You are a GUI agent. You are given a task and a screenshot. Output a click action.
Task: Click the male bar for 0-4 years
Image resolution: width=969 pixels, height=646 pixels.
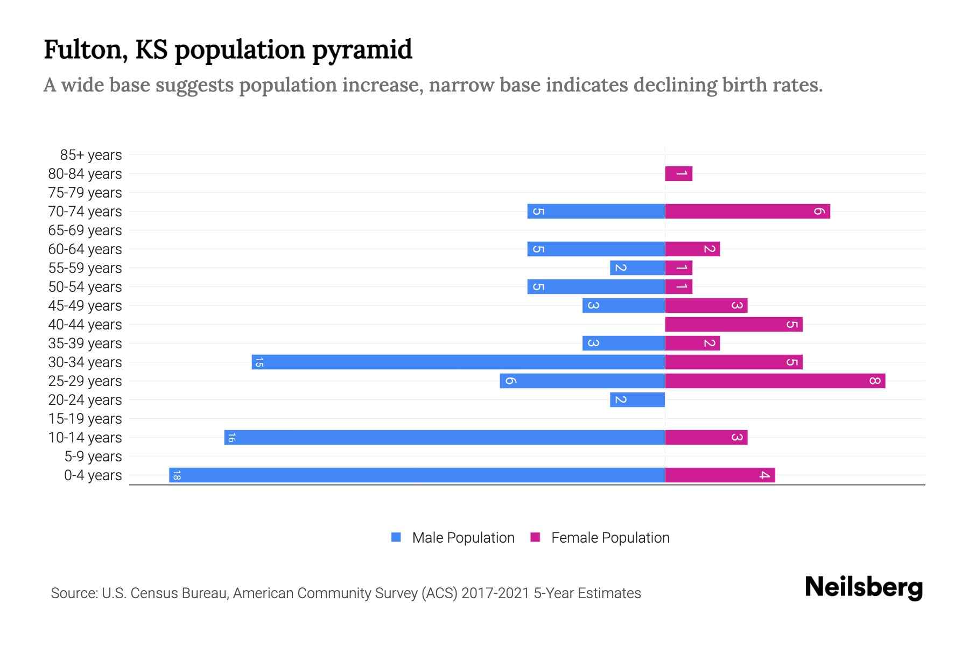click(x=417, y=475)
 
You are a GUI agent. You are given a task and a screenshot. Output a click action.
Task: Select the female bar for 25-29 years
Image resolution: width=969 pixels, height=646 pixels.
click(x=775, y=381)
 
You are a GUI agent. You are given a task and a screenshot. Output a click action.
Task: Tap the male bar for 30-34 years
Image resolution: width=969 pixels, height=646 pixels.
click(x=458, y=362)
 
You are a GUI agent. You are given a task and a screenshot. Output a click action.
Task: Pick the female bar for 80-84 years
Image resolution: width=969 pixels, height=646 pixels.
click(x=678, y=173)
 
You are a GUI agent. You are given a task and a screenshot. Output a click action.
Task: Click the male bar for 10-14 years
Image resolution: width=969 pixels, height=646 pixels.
click(x=445, y=437)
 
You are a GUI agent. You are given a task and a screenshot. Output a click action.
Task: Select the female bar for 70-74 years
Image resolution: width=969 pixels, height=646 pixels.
click(x=747, y=211)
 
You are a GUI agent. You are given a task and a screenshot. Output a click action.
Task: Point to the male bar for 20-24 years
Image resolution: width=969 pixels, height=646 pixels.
click(x=637, y=399)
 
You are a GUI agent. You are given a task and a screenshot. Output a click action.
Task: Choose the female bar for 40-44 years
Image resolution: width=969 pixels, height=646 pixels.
click(x=733, y=324)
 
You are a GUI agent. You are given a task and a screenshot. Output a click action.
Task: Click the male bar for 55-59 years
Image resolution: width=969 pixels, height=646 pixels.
click(x=637, y=268)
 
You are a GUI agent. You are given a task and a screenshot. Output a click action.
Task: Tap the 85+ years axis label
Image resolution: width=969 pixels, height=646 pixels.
click(x=91, y=155)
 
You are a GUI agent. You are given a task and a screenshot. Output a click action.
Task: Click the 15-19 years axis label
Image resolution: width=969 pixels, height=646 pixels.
click(x=85, y=419)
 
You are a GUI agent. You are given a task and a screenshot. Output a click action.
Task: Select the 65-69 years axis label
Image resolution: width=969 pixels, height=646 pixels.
click(x=85, y=230)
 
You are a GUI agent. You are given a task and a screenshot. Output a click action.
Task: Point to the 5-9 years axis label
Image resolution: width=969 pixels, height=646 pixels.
click(x=93, y=457)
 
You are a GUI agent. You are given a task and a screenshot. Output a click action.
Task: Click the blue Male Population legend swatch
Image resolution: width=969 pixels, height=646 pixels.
click(x=396, y=537)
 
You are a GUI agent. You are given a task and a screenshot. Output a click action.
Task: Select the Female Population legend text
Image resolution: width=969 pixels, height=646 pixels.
click(x=610, y=537)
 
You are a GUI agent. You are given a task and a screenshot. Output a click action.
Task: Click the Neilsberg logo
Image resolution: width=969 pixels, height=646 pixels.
click(x=863, y=587)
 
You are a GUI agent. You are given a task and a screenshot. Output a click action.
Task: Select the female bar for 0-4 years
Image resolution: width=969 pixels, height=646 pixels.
click(x=720, y=475)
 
